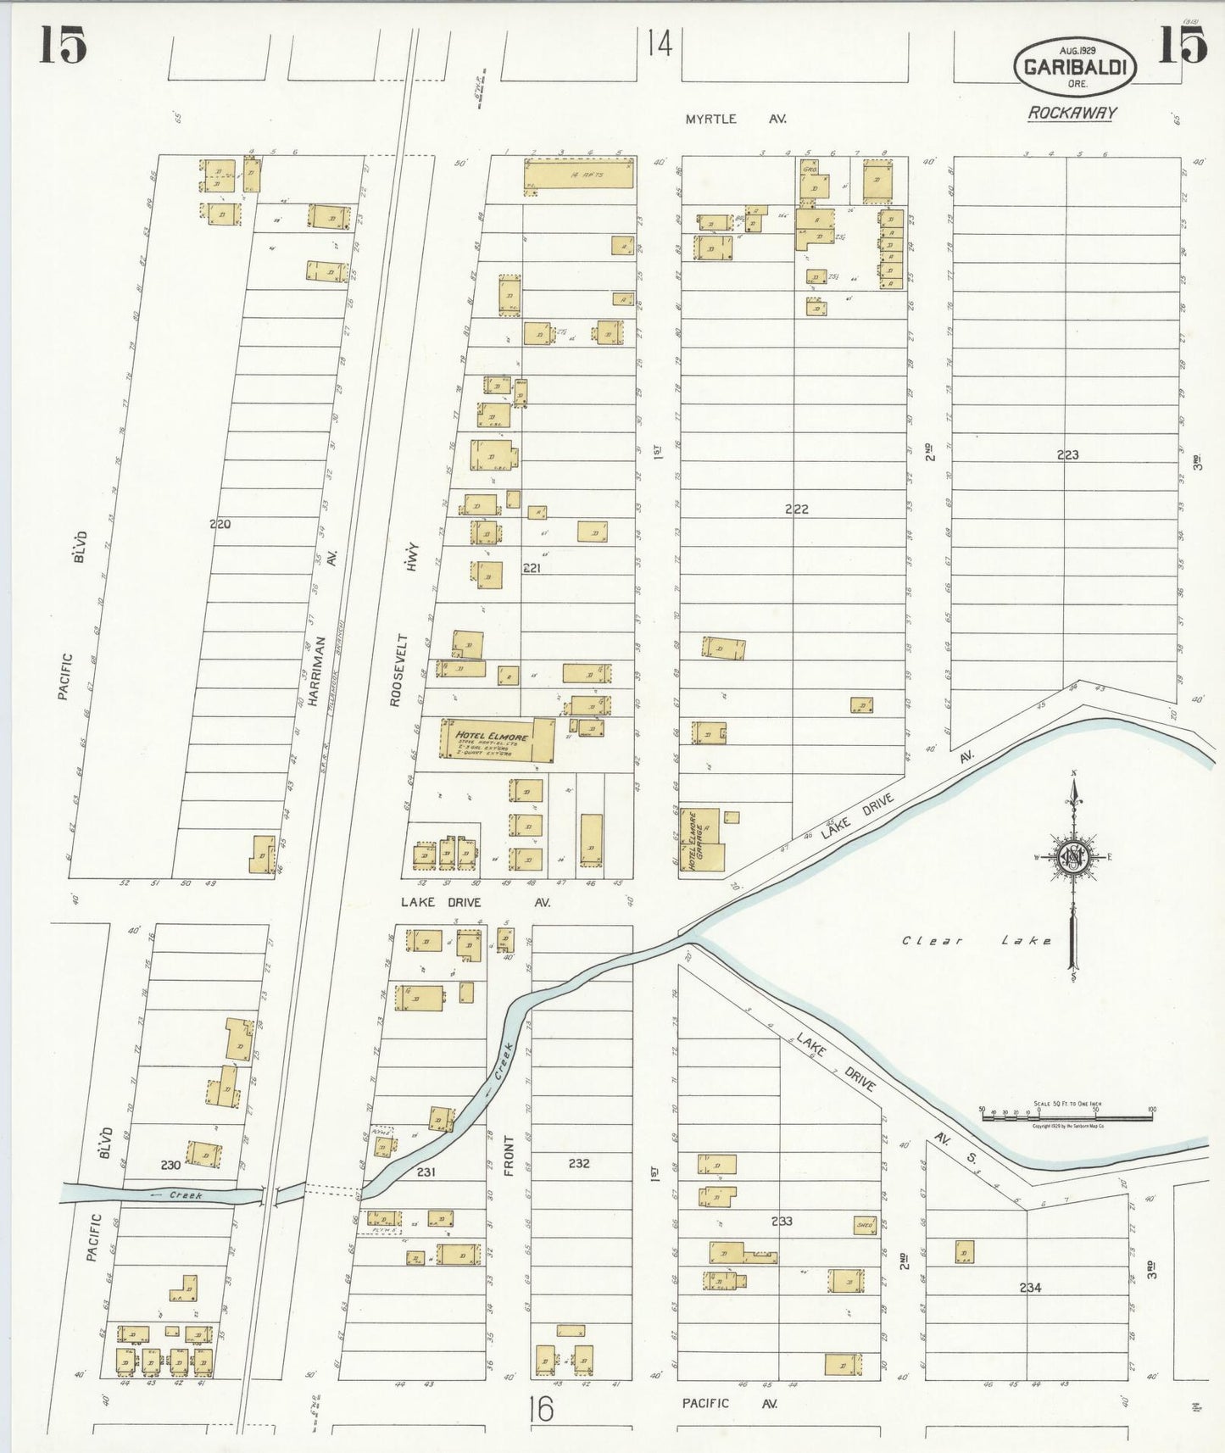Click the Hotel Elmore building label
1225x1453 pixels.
pos(493,735)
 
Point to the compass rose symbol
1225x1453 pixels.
pos(1073,858)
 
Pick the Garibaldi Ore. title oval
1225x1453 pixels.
pos(1074,66)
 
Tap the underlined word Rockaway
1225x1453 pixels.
pos(1072,113)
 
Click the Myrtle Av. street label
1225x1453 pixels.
pos(735,120)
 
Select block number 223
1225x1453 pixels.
pos(1067,455)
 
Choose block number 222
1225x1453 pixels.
pos(796,509)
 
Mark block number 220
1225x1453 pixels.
pos(220,525)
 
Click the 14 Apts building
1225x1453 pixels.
pos(579,175)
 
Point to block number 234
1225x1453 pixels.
pos(1030,1288)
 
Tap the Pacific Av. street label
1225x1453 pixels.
pos(729,1404)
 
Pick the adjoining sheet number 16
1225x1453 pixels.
pos(538,1409)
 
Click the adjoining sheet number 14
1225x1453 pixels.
pos(659,43)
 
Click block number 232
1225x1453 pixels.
pos(579,1163)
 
